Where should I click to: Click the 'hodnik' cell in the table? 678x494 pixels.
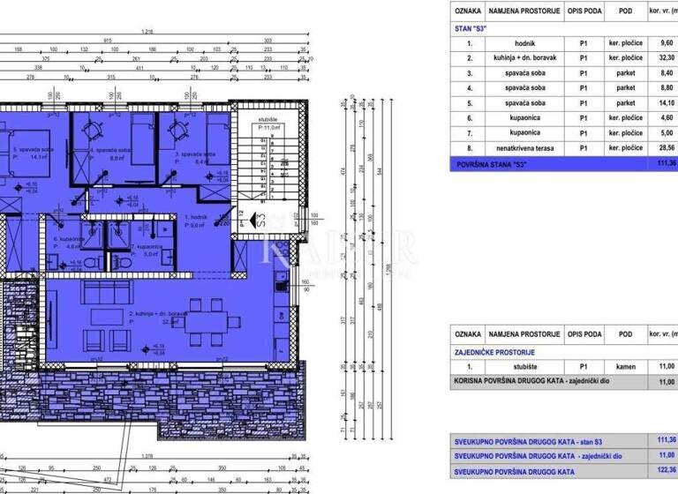tap(524, 42)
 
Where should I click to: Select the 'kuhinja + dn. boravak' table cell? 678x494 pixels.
tap(524, 57)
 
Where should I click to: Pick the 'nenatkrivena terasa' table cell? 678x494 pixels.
tap(524, 148)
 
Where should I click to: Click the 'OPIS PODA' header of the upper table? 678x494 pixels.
tap(584, 11)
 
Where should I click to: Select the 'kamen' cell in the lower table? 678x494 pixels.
tap(624, 366)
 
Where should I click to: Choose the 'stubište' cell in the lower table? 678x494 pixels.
tap(524, 366)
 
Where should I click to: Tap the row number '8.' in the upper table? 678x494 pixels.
tap(470, 148)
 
